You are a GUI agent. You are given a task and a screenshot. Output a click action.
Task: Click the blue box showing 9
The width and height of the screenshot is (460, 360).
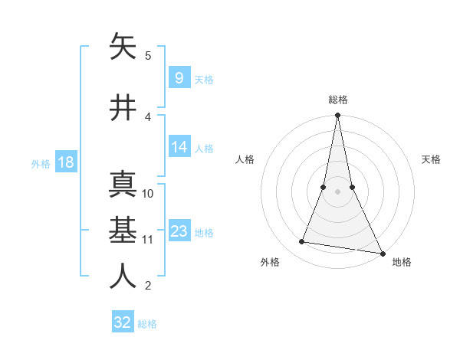click(x=179, y=78)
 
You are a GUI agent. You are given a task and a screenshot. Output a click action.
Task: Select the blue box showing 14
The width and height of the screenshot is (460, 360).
click(x=179, y=147)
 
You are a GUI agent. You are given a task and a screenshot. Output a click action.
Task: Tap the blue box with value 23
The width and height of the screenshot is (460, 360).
click(x=179, y=231)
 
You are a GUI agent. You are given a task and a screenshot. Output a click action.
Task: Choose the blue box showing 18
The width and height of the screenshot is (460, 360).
click(x=64, y=162)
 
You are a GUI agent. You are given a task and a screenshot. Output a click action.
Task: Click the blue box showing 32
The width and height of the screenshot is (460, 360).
click(x=123, y=322)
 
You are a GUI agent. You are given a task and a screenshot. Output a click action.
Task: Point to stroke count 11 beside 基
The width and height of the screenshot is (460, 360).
click(x=148, y=239)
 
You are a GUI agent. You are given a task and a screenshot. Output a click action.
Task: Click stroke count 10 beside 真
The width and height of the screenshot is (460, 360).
click(x=148, y=193)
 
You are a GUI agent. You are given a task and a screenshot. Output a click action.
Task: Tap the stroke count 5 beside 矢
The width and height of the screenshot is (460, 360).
click(x=148, y=55)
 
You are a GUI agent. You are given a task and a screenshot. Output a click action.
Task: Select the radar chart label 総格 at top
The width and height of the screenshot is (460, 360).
click(x=337, y=100)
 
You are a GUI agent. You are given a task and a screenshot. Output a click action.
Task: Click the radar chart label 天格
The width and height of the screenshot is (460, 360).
click(x=431, y=159)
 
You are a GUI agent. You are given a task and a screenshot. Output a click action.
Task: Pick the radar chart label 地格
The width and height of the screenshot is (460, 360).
click(x=402, y=262)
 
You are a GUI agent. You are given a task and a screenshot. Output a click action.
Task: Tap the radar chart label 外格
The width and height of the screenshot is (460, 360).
click(x=270, y=262)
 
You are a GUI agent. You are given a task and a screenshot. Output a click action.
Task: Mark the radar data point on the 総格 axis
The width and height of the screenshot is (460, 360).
click(x=337, y=116)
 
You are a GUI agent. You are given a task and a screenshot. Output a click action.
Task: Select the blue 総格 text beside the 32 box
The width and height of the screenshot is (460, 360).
click(x=147, y=324)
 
